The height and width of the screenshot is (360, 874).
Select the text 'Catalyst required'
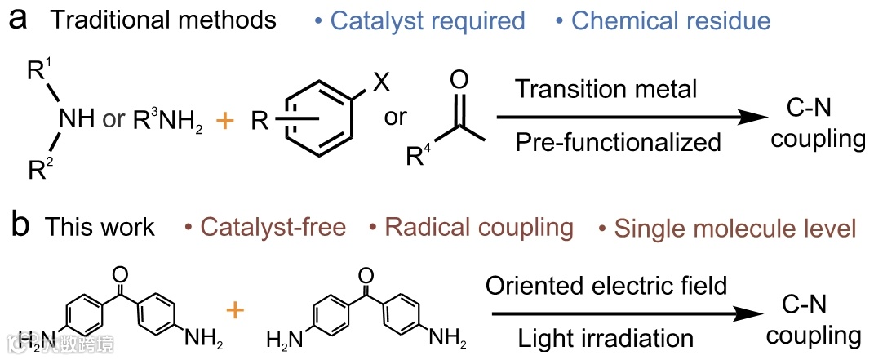point(428,20)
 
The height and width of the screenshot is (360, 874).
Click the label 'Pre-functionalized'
point(618,142)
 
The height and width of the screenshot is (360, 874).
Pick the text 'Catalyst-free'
point(267,226)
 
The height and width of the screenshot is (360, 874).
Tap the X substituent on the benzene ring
point(379,82)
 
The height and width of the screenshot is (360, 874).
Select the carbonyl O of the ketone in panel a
point(459,80)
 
